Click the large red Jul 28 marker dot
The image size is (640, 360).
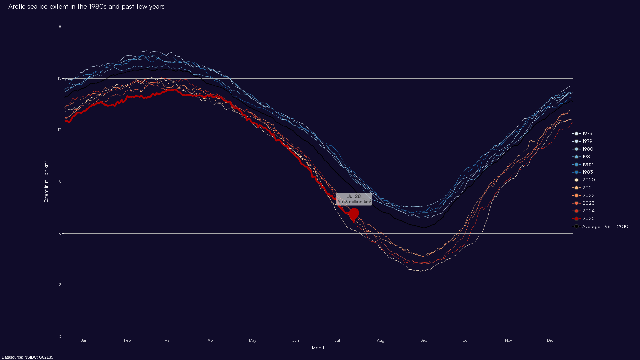[354, 214]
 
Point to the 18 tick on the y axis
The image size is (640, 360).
[59, 27]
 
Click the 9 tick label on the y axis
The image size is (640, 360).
[60, 182]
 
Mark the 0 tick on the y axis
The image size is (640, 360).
[60, 337]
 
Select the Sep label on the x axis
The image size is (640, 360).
[424, 340]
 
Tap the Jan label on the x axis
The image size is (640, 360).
[84, 340]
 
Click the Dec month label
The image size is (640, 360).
[550, 340]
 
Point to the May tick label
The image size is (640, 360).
[253, 340]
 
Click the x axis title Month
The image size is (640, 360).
[319, 348]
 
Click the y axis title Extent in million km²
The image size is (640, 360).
[46, 182]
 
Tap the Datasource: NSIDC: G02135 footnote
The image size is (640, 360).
[27, 357]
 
